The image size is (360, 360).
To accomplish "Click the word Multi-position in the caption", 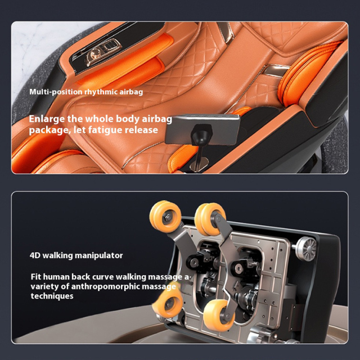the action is click(x=56, y=92).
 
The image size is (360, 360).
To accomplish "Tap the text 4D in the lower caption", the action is click(x=35, y=255).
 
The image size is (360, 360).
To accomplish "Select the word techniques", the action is click(x=52, y=296).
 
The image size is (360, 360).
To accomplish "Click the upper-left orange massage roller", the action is click(x=165, y=216).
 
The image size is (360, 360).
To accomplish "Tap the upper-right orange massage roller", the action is click(x=210, y=219).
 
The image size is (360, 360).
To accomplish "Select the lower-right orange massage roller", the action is click(x=218, y=315).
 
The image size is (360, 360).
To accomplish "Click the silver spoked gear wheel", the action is click(x=305, y=249).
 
